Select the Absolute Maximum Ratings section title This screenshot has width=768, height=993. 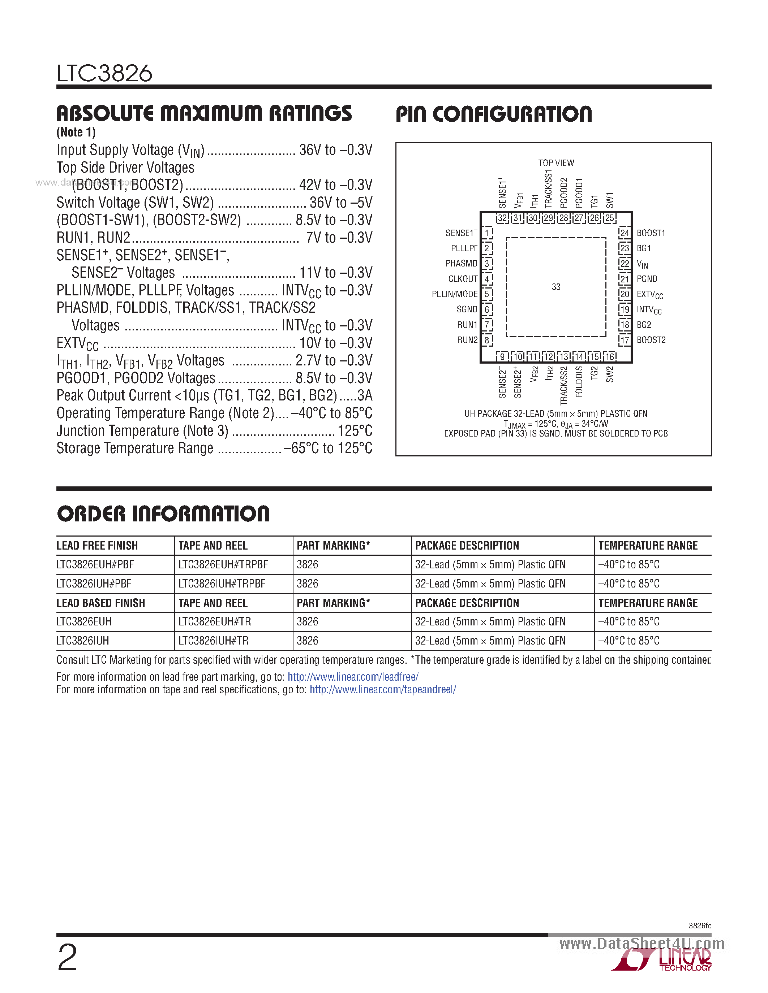click(204, 113)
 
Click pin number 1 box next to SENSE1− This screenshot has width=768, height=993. click(487, 233)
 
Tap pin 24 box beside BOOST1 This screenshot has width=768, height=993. click(625, 233)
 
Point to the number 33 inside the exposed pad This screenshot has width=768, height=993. click(556, 287)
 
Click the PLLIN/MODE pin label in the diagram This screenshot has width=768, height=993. click(455, 294)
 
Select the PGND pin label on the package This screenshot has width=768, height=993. click(647, 279)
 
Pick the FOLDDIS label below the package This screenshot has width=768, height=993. click(579, 382)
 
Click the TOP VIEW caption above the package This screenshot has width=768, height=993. click(556, 163)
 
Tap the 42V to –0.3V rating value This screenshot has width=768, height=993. click(336, 185)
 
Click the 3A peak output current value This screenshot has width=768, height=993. click(365, 395)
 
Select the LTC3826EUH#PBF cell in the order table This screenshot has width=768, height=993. click(95, 565)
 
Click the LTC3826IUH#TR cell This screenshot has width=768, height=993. click(213, 641)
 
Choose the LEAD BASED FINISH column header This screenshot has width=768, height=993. click(100, 603)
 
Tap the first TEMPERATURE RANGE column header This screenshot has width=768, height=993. click(648, 546)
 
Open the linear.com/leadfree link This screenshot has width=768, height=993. click(353, 677)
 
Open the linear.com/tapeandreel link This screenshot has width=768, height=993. click(383, 690)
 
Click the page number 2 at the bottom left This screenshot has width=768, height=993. click(67, 958)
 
